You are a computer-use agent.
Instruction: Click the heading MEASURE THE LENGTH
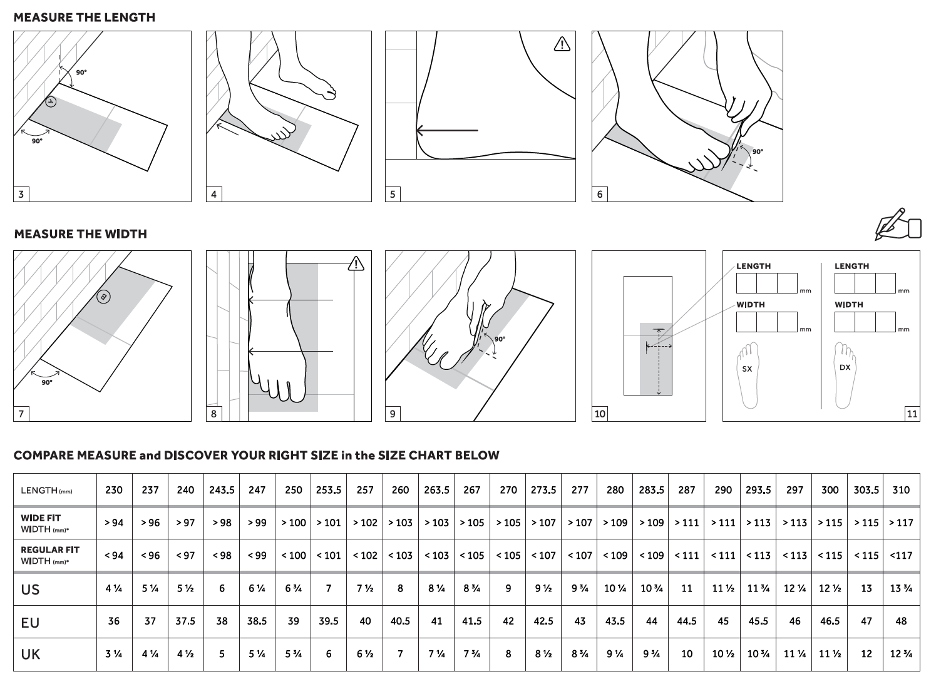coord(85,18)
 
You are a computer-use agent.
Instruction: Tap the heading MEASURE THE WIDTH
coord(81,234)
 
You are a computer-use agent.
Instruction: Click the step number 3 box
coord(21,194)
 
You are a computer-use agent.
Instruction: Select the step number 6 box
coord(600,194)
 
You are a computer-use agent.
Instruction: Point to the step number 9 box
coord(393,414)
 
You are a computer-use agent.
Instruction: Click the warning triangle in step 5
coord(562,44)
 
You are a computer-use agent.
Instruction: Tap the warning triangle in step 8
coord(356,263)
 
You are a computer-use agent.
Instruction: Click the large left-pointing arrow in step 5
coord(446,131)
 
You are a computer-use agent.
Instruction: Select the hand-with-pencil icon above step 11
coord(898,225)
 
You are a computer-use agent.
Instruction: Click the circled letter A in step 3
coord(51,101)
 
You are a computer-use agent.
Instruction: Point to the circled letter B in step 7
coord(104,297)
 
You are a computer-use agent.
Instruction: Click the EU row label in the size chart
coord(30,623)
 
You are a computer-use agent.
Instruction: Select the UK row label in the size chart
coord(31,655)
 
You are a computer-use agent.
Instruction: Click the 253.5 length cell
coord(329,490)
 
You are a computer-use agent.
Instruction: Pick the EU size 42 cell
coord(508,621)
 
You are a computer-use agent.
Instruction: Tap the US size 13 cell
coord(866,589)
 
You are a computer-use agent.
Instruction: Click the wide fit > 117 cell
coord(901,523)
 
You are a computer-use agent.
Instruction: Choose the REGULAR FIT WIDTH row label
coord(50,555)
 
